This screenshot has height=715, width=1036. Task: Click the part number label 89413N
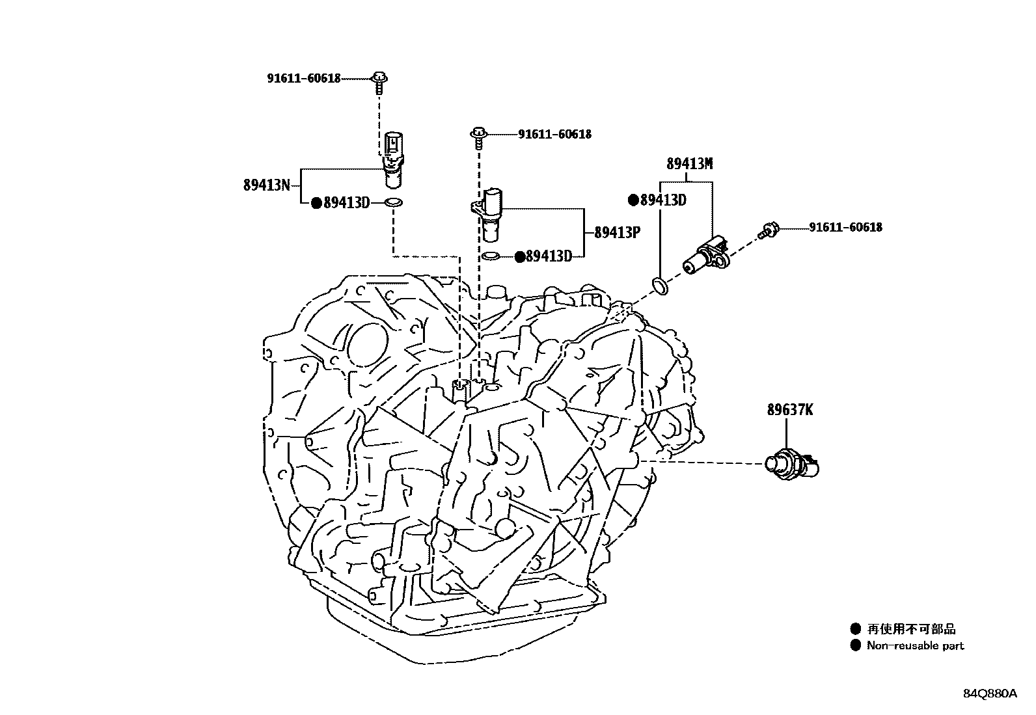point(266,185)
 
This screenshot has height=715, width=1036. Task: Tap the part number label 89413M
point(689,164)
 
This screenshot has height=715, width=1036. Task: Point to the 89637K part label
point(789,410)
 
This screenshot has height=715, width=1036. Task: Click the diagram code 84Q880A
point(989,694)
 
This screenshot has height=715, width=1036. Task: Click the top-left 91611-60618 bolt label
point(303,79)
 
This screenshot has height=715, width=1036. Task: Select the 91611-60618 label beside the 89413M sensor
point(845,227)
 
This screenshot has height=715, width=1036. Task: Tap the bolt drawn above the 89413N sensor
point(378,81)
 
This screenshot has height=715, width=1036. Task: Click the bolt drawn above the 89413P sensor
point(478,135)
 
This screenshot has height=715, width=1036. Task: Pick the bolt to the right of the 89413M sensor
point(768,230)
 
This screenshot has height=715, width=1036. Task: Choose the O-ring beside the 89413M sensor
point(659,285)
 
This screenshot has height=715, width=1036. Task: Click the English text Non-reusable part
point(915,646)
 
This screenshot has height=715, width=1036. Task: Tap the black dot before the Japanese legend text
point(855,628)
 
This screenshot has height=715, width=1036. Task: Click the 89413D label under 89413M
point(662,200)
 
